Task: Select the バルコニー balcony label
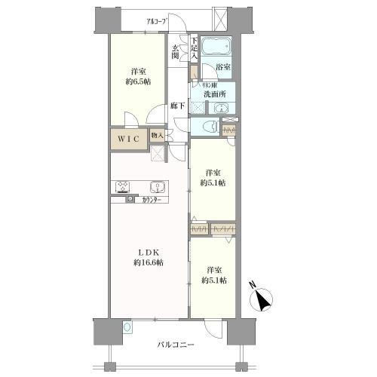pyautogui.click(x=176, y=345)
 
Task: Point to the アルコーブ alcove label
pyautogui.click(x=156, y=22)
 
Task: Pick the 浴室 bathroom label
pyautogui.click(x=223, y=68)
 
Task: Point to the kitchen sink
pyautogui.click(x=158, y=187)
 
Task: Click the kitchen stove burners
pyautogui.click(x=123, y=187)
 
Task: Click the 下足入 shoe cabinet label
pyautogui.click(x=194, y=49)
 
